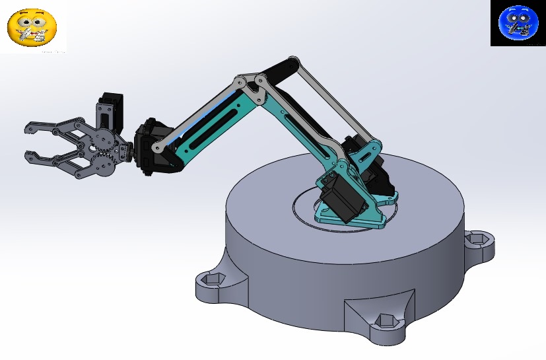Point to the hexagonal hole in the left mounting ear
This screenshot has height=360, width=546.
[211, 280]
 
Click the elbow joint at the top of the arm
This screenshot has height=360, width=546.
[249, 84]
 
